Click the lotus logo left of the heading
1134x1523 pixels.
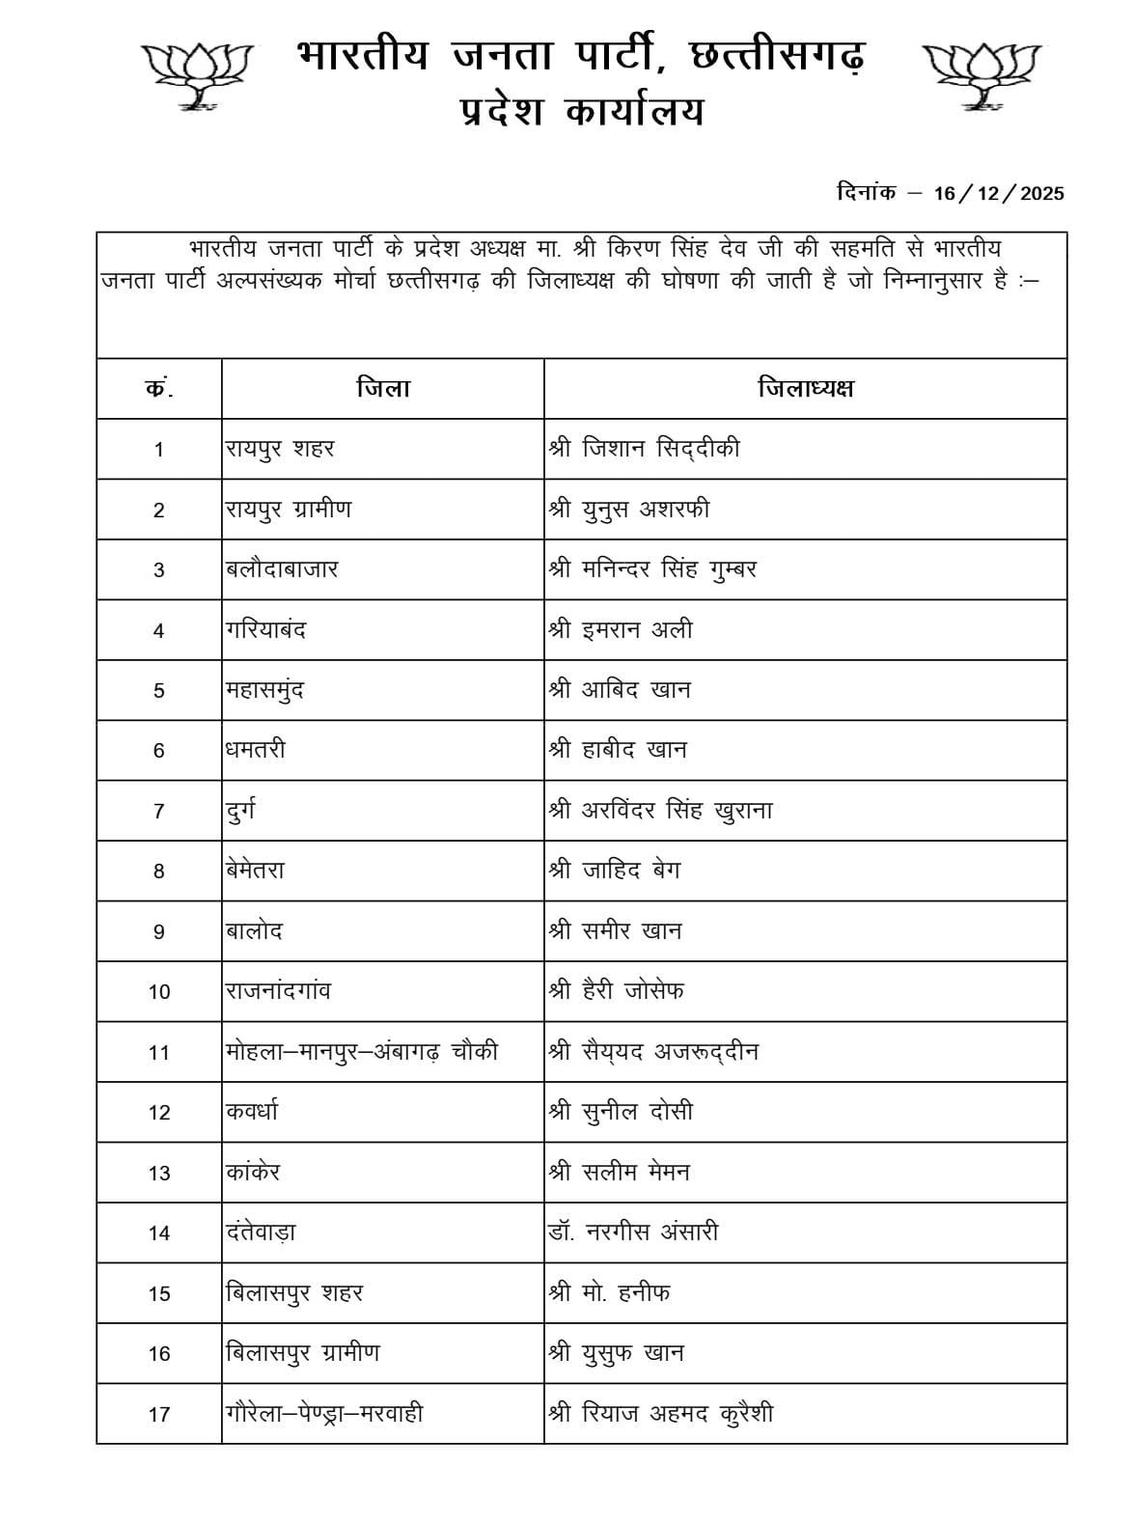199,73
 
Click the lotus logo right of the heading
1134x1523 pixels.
982,73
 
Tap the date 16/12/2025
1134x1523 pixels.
999,193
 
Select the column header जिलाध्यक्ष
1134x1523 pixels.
805,389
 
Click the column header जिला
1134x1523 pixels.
382,389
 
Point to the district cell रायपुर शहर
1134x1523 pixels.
280,449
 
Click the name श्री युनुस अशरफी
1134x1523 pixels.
628,509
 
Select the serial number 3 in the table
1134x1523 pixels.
159,570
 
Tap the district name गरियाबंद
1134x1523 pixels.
265,630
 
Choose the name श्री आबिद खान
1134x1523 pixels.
620,690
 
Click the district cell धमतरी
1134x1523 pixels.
256,750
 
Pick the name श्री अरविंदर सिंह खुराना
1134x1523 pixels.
660,811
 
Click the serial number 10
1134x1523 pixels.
159,992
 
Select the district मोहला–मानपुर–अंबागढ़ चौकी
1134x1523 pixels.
362,1052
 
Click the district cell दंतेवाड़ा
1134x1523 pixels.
261,1232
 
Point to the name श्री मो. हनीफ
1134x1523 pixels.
609,1292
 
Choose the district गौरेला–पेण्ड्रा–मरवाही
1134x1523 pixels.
324,1414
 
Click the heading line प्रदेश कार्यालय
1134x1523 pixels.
581,114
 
